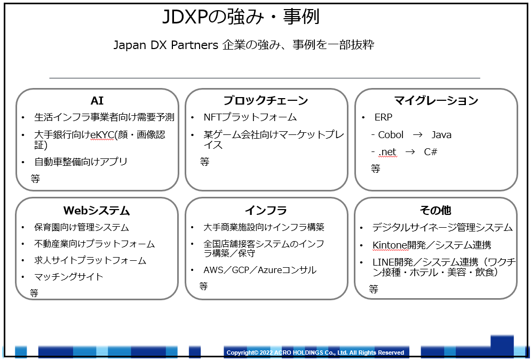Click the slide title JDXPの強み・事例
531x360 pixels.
[241, 17]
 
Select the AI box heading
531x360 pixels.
[97, 100]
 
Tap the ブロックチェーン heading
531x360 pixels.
[266, 100]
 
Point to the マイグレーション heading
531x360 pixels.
[436, 100]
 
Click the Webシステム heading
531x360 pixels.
[97, 210]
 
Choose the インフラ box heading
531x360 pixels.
[266, 210]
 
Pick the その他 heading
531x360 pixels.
[435, 210]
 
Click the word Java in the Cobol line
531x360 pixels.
[441, 135]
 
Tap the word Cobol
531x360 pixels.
[391, 135]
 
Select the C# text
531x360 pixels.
[431, 152]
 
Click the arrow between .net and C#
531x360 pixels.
[410, 152]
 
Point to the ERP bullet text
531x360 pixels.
[383, 117]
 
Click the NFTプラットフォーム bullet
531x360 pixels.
[250, 117]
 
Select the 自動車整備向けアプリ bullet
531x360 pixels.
[81, 162]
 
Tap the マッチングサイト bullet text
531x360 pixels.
[69, 277]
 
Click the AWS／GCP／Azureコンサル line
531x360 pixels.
[260, 270]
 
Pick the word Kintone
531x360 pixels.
[390, 245]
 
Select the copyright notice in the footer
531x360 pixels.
[315, 353]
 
